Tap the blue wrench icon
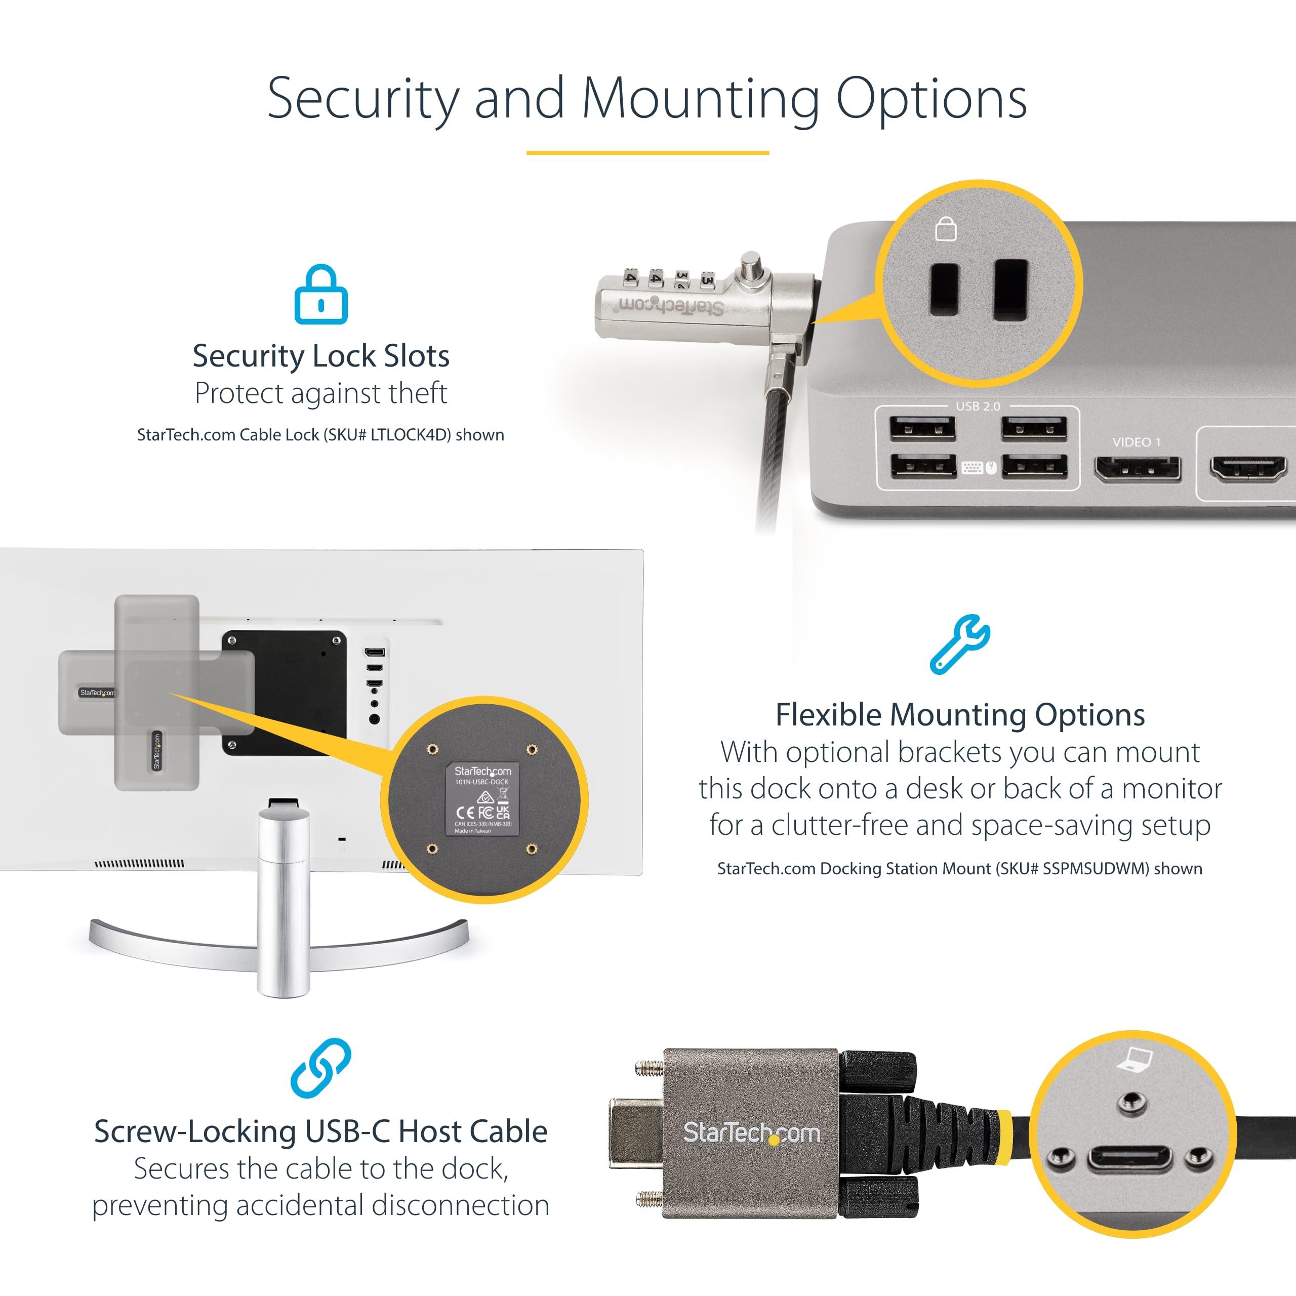click(x=959, y=644)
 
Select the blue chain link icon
click(x=320, y=1068)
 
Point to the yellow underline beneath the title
click(x=647, y=153)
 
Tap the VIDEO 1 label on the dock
click(x=1136, y=442)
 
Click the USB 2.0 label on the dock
click(x=978, y=407)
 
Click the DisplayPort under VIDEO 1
click(x=1137, y=468)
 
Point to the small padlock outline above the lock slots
click(x=945, y=229)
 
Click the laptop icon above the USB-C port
click(x=1133, y=1059)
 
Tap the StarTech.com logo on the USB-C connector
click(x=751, y=1133)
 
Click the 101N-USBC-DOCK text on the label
click(x=481, y=782)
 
